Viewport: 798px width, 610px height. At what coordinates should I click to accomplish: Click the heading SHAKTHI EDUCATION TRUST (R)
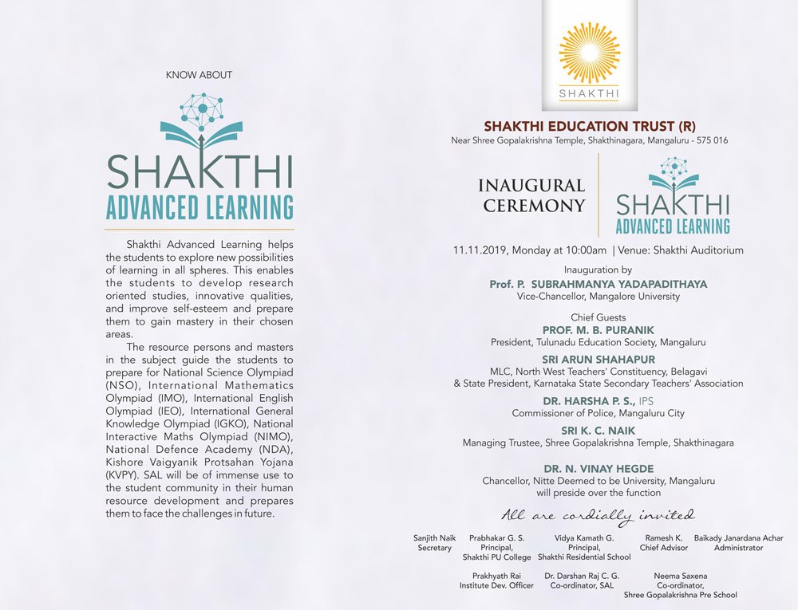click(x=590, y=126)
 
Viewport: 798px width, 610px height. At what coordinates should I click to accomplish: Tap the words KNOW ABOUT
click(x=199, y=75)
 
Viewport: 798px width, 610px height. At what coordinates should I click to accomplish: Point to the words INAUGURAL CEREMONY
click(x=531, y=195)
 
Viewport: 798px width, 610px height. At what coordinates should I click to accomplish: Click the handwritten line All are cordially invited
click(x=598, y=515)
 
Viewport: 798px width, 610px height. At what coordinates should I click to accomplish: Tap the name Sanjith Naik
click(x=435, y=538)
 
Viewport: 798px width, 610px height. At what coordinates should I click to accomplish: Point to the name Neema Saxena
click(x=680, y=576)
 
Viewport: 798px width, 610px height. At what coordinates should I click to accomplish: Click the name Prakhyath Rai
click(x=496, y=576)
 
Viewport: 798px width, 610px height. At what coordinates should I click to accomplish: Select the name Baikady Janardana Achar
click(x=738, y=538)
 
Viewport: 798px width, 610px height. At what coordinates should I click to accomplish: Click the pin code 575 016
click(x=709, y=141)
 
